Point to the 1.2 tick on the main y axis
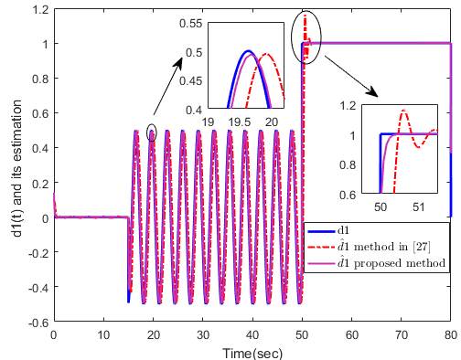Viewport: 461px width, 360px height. click(39, 10)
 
